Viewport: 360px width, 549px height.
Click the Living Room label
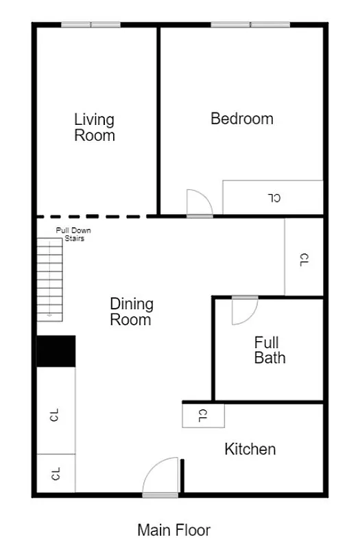pyautogui.click(x=95, y=128)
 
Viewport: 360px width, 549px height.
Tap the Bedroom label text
pyautogui.click(x=242, y=119)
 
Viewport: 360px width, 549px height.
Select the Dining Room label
pyautogui.click(x=132, y=312)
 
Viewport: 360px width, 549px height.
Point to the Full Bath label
pyautogui.click(x=269, y=349)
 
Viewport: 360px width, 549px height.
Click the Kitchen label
pyautogui.click(x=250, y=449)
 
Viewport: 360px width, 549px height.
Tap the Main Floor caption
pyautogui.click(x=173, y=530)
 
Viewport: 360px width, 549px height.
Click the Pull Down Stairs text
pyautogui.click(x=73, y=235)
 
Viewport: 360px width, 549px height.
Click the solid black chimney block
pyautogui.click(x=56, y=351)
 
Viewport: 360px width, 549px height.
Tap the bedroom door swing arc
pyautogui.click(x=200, y=202)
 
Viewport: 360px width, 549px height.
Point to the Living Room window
pyautogui.click(x=91, y=25)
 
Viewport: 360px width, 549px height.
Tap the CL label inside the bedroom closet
pyautogui.click(x=274, y=198)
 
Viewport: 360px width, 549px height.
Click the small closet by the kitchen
pyautogui.click(x=203, y=415)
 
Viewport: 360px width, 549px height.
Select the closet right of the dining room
pyautogui.click(x=304, y=257)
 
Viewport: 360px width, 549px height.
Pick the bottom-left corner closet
pyautogui.click(x=56, y=474)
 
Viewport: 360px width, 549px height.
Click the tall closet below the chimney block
pyautogui.click(x=56, y=412)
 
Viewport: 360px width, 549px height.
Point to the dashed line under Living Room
pyautogui.click(x=96, y=216)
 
